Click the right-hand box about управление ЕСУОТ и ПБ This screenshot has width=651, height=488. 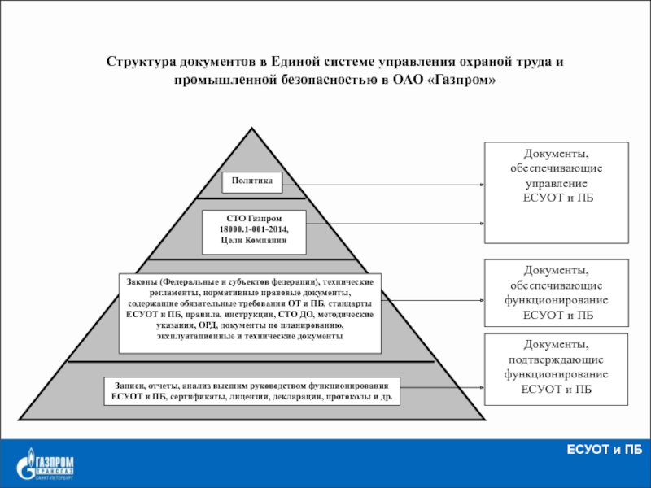coord(557,192)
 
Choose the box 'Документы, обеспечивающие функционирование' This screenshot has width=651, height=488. coord(557,292)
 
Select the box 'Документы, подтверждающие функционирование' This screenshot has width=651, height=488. coord(557,368)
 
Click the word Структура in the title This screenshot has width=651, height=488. coord(140,63)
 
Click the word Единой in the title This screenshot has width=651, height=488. coord(302,63)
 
